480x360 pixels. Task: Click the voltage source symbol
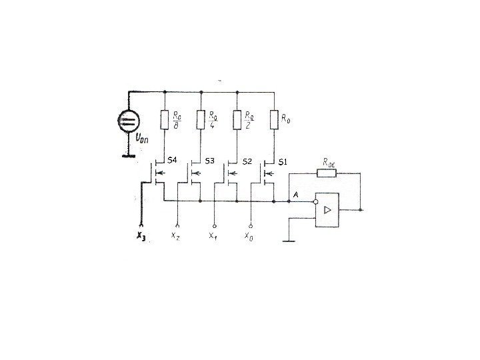coord(127,121)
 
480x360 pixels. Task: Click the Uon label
coord(143,139)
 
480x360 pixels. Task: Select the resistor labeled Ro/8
coord(165,120)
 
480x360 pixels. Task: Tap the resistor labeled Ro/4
coord(201,120)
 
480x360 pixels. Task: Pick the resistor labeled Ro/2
coord(237,120)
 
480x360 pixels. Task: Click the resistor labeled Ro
coord(273,120)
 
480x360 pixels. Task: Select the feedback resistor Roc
coord(326,173)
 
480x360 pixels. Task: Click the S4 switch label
coord(172,160)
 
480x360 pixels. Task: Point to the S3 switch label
coord(209,161)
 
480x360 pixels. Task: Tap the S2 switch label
coord(247,161)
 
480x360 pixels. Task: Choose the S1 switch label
coord(282,161)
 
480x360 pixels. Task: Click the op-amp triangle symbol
coord(327,209)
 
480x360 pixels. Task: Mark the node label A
coord(295,194)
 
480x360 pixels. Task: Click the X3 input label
coord(140,236)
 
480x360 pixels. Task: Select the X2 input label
coord(175,236)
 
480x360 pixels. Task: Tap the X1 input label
coord(213,236)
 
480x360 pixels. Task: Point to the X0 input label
coord(249,236)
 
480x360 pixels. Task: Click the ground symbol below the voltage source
coord(127,157)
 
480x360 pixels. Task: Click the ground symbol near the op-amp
coord(289,241)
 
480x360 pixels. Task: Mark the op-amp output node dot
coord(361,209)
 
